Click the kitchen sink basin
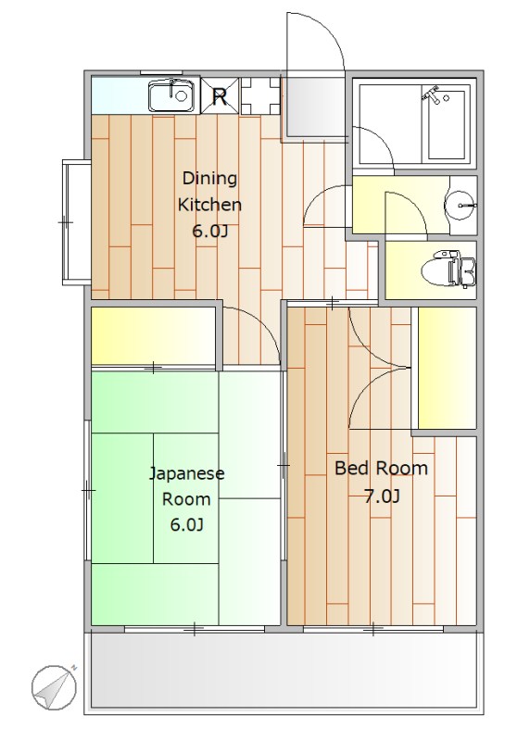(170, 94)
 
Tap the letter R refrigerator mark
(221, 94)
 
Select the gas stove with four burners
(259, 94)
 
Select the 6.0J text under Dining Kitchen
(209, 232)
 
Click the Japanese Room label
(186, 486)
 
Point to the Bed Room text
(381, 469)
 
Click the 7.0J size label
(382, 496)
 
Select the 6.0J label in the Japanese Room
(186, 526)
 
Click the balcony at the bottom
(284, 672)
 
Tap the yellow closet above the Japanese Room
(154, 334)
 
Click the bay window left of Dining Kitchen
(75, 221)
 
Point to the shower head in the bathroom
(432, 94)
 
